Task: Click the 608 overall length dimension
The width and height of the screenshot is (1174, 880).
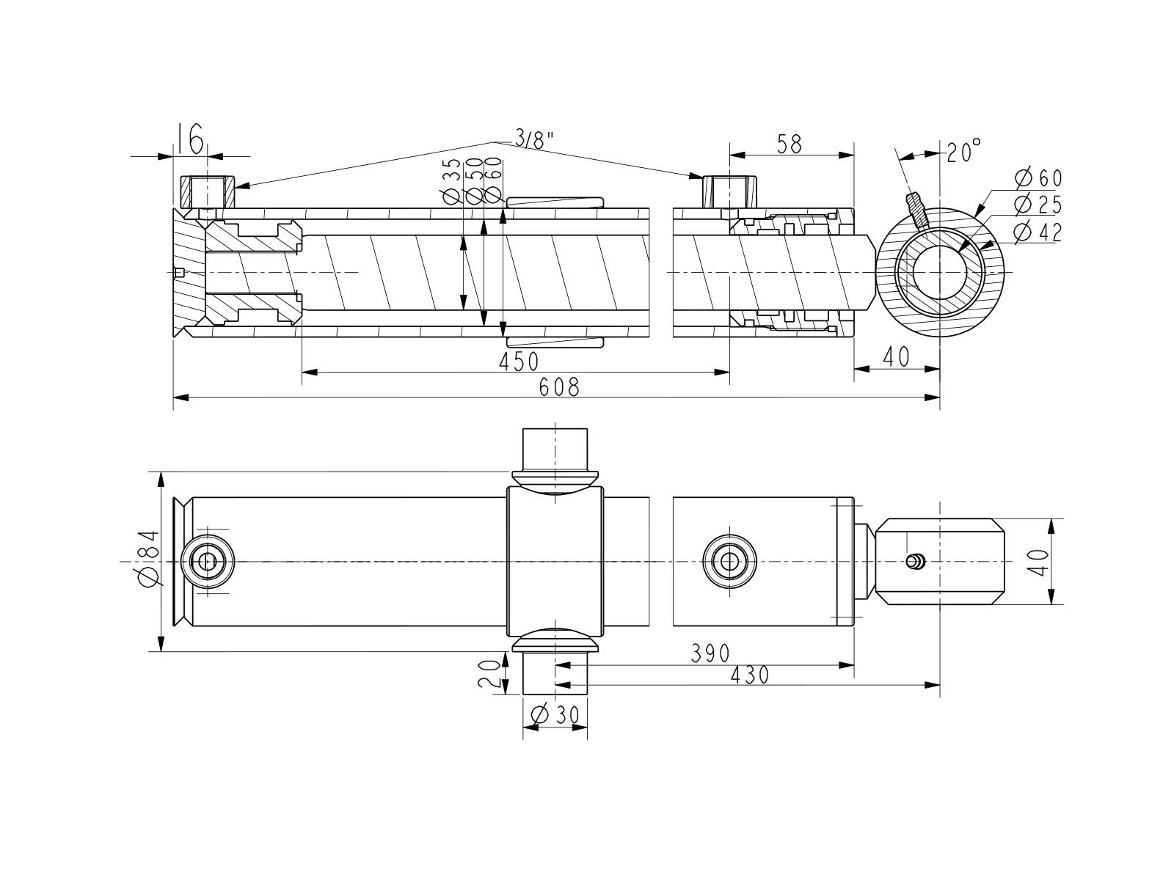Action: [x=559, y=387]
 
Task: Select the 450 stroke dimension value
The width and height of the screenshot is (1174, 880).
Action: [x=519, y=362]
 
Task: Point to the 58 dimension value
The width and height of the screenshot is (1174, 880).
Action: [x=790, y=144]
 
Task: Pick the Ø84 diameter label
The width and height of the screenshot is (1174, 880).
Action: [x=148, y=558]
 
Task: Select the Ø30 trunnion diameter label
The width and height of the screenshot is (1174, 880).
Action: [x=555, y=714]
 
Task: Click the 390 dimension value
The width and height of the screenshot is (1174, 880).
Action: [x=710, y=653]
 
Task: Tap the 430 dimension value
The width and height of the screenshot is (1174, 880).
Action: [x=749, y=675]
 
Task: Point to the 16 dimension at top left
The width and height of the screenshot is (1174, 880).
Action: [x=190, y=139]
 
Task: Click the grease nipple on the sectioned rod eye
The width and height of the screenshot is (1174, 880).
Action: [x=916, y=207]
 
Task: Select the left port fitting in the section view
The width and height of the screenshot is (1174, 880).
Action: [x=208, y=192]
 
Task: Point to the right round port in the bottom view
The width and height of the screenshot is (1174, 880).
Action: [x=729, y=562]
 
